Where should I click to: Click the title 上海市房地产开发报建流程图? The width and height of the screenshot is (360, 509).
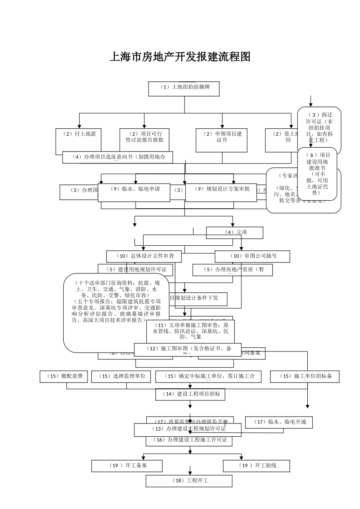180,57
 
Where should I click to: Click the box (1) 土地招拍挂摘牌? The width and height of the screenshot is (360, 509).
184,89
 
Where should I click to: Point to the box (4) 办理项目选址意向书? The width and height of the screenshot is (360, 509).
117,158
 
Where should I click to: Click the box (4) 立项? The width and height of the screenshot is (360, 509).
235,233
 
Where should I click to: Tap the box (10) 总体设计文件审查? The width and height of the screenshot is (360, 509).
144,256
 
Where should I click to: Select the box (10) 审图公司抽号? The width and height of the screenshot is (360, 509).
252,256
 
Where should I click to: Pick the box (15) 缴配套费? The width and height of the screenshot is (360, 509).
64,376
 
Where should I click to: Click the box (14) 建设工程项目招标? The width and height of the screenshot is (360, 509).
190,394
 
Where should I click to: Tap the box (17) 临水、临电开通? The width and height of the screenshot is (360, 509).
279,422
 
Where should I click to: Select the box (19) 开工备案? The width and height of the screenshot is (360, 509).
127,466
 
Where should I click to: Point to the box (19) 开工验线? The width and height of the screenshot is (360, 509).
257,466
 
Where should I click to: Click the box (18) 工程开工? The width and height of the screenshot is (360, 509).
189,481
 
